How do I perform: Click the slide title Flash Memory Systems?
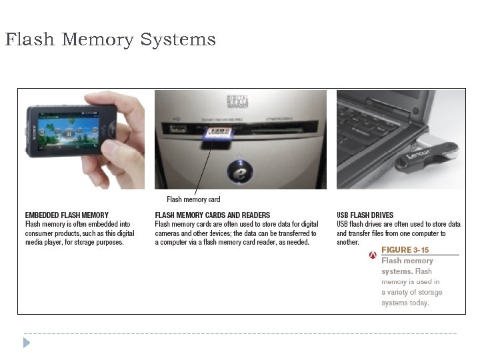(x=110, y=40)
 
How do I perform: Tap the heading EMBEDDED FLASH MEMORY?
(x=67, y=215)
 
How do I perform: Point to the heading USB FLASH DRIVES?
(x=365, y=215)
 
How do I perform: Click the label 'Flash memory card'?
(x=193, y=199)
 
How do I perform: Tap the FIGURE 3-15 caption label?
(x=405, y=250)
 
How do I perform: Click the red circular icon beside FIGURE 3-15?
(x=373, y=255)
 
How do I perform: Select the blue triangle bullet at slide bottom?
(x=26, y=343)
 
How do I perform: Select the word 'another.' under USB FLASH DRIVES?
(x=348, y=243)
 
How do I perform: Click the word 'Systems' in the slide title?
(x=178, y=40)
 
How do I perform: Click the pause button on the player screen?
(x=69, y=133)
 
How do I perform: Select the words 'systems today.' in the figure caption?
(x=405, y=303)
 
